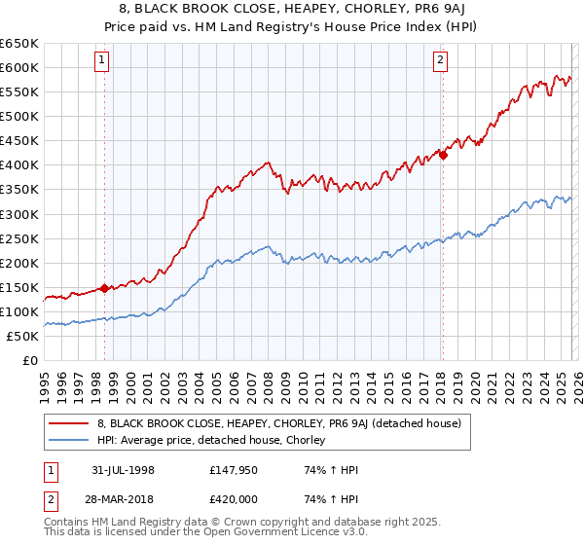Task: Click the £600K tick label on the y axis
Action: pyautogui.click(x=19, y=67)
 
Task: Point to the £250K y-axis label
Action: pyautogui.click(x=19, y=238)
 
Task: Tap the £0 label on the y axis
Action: pyautogui.click(x=29, y=360)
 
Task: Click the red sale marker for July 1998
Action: pyautogui.click(x=105, y=288)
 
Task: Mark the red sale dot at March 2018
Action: pyautogui.click(x=443, y=154)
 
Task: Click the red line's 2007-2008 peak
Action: pyautogui.click(x=268, y=163)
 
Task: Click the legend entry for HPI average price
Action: pyautogui.click(x=216, y=441)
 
